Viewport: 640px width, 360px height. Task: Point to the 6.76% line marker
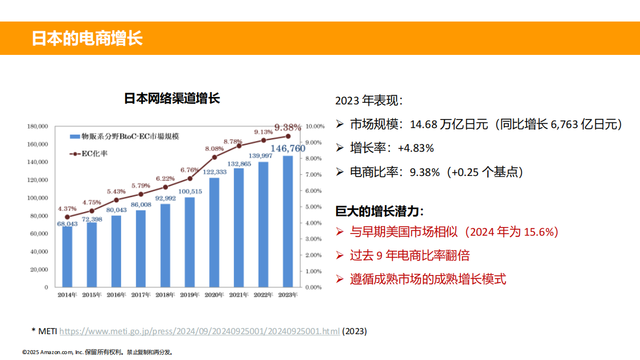tap(190, 178)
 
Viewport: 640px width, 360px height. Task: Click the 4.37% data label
tap(67, 208)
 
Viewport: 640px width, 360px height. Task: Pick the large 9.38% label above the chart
tap(288, 128)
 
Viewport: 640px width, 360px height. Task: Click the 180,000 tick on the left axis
tap(38, 126)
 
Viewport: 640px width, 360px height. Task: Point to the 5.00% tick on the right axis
tap(315, 207)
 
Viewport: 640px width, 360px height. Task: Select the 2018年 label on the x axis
tap(165, 295)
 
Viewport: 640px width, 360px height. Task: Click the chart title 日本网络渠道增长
tap(172, 98)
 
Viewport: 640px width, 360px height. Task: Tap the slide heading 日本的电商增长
tap(87, 38)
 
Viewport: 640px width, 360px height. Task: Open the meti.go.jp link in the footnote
tap(199, 331)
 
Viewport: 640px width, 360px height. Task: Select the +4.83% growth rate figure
tap(415, 148)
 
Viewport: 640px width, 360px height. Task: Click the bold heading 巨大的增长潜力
tap(379, 210)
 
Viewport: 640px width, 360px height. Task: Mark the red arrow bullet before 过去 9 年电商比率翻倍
tap(339, 255)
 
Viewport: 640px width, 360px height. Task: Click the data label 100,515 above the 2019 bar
tap(190, 192)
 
